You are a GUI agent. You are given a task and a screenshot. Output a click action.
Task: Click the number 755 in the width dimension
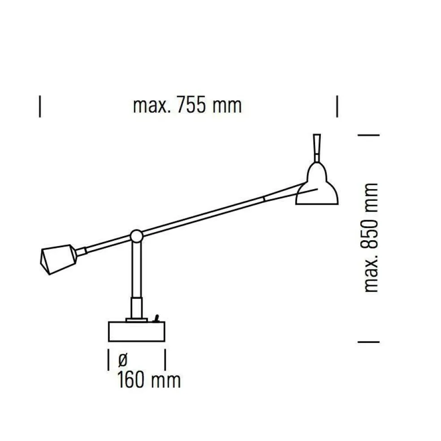click(192, 106)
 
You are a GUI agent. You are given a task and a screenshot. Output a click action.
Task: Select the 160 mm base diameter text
click(149, 380)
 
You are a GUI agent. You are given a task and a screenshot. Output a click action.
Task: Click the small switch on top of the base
click(156, 319)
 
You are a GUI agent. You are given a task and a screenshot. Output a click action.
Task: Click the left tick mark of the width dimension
click(40, 106)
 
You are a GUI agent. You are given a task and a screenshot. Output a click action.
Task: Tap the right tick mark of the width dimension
click(337, 106)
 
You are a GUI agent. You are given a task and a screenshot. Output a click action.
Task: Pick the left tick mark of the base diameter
click(108, 360)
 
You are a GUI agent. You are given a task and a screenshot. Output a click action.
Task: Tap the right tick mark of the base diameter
click(165, 360)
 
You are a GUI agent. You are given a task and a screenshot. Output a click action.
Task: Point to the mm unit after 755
click(227, 106)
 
